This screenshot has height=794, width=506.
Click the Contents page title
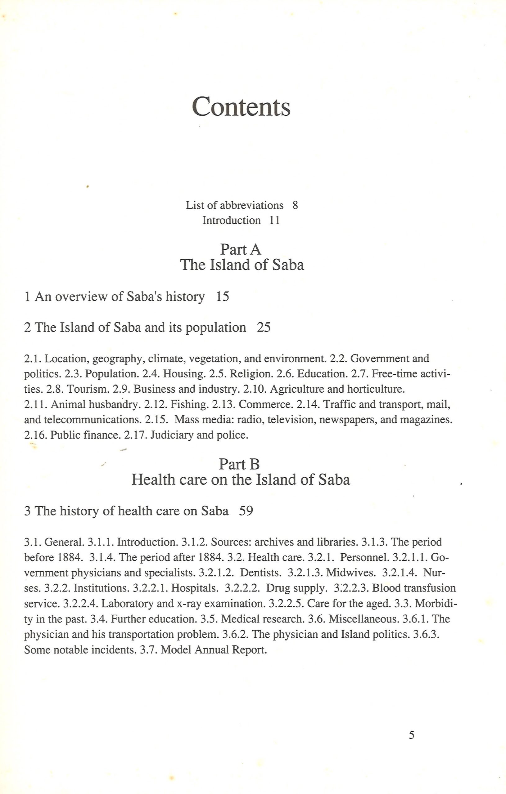point(241,106)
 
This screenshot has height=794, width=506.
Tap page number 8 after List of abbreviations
point(295,205)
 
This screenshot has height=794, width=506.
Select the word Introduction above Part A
point(231,220)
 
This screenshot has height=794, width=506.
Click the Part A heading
point(241,249)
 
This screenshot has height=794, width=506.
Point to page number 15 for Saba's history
point(223,297)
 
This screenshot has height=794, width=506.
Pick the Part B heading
point(239,464)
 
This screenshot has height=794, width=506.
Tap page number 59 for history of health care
point(246,511)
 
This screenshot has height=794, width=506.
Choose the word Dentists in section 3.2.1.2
point(261,573)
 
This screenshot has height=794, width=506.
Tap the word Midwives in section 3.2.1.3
point(351,573)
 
